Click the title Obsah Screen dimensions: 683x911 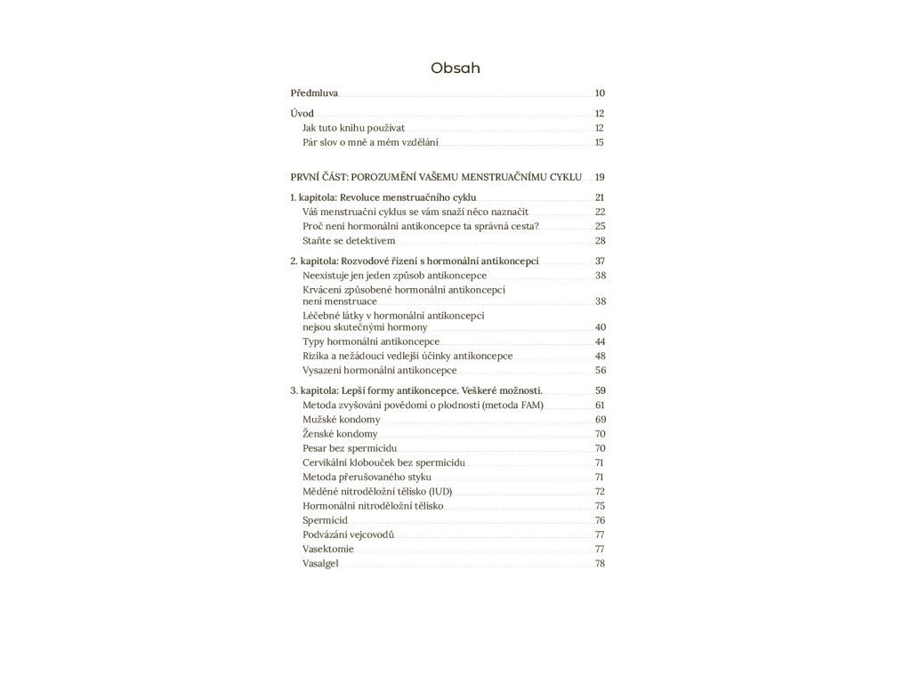[455, 68]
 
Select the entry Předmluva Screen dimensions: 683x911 [314, 93]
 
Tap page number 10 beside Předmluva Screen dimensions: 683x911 [600, 93]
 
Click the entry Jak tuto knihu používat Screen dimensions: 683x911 [353, 128]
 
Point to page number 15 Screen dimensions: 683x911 [600, 142]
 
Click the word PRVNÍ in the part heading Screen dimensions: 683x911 [306, 177]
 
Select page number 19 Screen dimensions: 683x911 [600, 177]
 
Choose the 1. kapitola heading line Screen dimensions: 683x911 [383, 197]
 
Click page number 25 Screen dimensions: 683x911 [600, 227]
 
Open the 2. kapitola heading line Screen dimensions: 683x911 [415, 261]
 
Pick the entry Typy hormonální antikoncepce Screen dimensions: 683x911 [371, 341]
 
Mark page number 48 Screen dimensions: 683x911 [600, 356]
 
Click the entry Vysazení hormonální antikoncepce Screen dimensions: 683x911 [380, 370]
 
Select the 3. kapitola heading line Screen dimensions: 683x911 [416, 390]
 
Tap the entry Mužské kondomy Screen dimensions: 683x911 [342, 419]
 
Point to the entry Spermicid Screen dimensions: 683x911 [325, 520]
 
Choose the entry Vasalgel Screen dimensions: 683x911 [321, 564]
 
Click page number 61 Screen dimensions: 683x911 [600, 405]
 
